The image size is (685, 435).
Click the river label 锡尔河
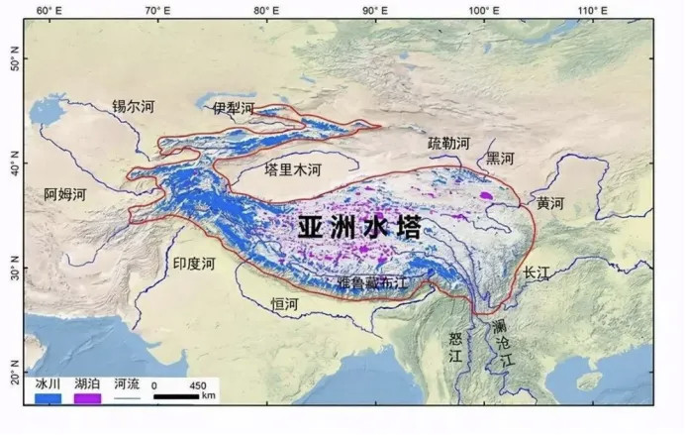133,105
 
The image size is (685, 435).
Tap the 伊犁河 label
233,107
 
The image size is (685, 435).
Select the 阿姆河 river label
65,195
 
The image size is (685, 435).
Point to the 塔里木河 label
292,170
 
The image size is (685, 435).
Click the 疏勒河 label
448,144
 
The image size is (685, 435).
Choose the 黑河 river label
500,159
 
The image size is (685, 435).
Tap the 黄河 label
549,203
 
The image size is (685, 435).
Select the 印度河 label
193,265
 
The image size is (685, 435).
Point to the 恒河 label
285,303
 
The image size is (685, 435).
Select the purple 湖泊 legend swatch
87,397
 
